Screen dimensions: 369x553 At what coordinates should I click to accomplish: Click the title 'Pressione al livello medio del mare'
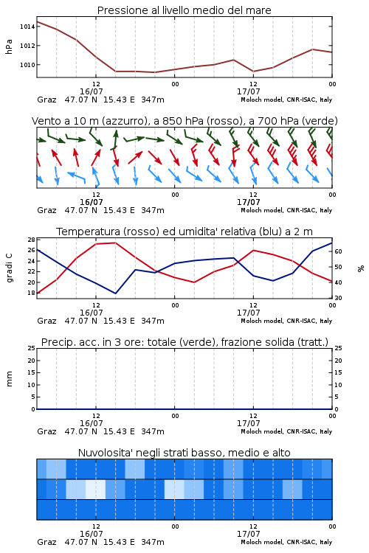pos(184,10)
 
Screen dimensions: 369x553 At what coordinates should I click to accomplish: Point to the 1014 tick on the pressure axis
pos(27,27)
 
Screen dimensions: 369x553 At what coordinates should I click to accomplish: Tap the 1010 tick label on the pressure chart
pos(27,65)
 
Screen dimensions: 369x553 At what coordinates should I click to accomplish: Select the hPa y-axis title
pos(9,46)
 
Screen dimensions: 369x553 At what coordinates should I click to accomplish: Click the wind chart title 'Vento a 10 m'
pos(64,121)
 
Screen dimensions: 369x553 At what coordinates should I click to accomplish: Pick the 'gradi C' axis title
pos(9,268)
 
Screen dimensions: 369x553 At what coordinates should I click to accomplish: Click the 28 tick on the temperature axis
pos(31,240)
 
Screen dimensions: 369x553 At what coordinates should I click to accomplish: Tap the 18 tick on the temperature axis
pos(31,293)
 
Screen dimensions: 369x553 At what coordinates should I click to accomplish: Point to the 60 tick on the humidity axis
pos(338,251)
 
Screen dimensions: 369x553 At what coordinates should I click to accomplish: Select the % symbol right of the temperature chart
pos(361,268)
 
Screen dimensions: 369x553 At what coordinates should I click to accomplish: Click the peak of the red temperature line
pos(115,243)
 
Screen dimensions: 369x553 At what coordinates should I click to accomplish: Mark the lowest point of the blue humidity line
pos(115,293)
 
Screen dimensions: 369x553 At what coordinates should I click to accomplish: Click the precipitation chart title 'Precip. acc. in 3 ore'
pos(91,342)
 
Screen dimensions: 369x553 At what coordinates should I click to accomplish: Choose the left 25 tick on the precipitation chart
pos(31,348)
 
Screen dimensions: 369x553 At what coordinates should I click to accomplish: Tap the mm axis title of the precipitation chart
pos(9,379)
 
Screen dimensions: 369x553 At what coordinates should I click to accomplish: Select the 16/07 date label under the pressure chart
pos(91,91)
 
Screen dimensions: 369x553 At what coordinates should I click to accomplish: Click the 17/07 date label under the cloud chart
pos(248,534)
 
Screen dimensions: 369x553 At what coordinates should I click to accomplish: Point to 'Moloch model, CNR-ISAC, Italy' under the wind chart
pos(286,210)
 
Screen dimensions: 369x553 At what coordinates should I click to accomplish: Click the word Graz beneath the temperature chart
pos(46,321)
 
